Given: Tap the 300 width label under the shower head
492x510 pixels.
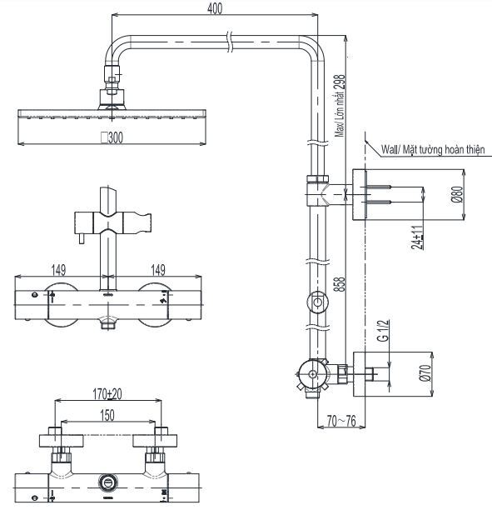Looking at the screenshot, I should (111, 138).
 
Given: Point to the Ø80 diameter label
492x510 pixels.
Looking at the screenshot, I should (457, 195).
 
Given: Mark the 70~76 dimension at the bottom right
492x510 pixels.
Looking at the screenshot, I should (340, 421).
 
